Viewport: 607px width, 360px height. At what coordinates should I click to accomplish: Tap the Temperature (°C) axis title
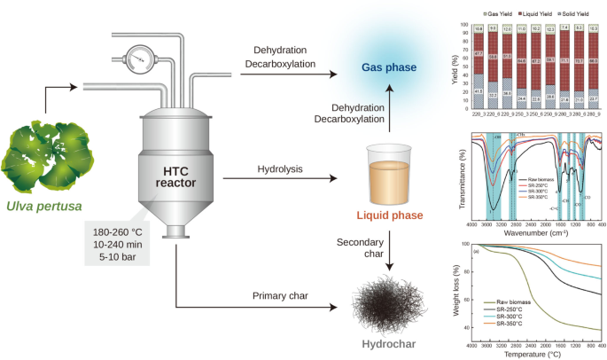pos(534,354)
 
